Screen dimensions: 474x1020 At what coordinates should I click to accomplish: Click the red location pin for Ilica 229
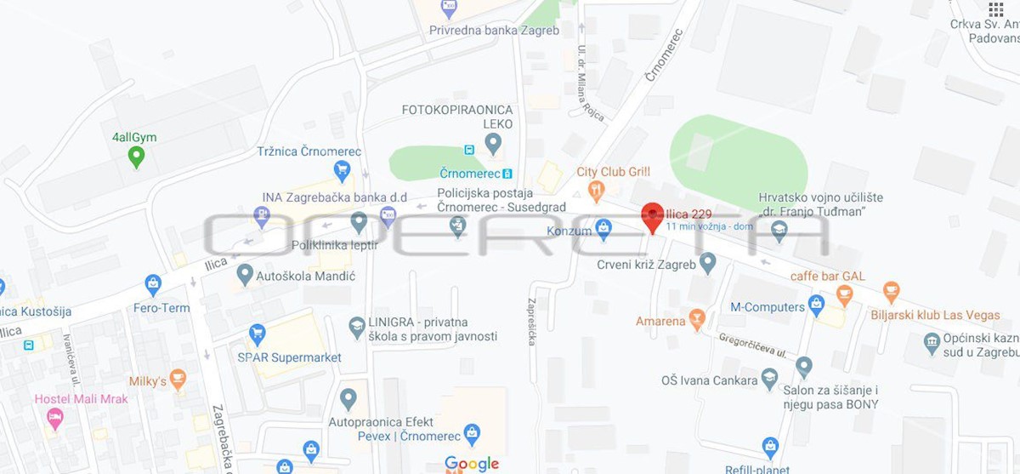point(652,217)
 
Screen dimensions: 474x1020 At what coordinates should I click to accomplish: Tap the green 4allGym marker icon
point(135,157)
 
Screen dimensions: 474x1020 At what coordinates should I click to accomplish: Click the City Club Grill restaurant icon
point(597,190)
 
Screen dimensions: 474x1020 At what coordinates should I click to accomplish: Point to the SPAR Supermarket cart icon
point(257,334)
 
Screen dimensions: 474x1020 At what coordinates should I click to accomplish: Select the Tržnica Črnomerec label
point(309,151)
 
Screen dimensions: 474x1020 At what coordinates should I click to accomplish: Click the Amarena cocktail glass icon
point(697,321)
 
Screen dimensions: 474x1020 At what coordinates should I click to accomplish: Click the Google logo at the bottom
point(472,464)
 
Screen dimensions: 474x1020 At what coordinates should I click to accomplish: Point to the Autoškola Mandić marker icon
point(245,275)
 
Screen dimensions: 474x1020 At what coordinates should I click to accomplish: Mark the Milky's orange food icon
point(178,380)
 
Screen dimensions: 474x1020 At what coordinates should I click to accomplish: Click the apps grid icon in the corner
point(996,9)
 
